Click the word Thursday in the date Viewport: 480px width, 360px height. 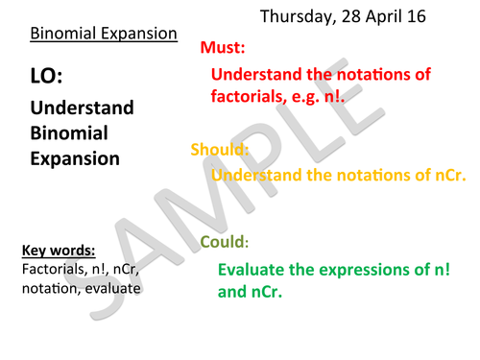click(298, 16)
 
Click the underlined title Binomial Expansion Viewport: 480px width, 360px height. click(104, 35)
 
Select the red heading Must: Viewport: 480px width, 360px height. click(222, 47)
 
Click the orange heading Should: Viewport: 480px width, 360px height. click(220, 150)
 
